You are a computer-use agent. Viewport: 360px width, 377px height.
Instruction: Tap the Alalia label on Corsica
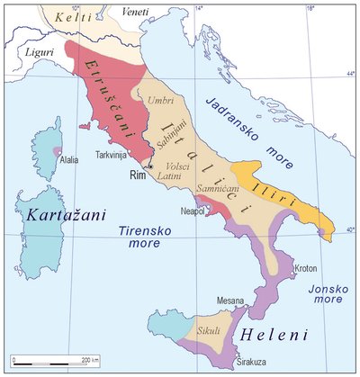(69, 160)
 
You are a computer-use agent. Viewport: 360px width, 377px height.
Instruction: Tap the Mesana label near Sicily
(230, 301)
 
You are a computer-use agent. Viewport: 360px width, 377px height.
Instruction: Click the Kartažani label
(60, 217)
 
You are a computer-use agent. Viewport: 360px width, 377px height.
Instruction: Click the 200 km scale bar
(49, 362)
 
